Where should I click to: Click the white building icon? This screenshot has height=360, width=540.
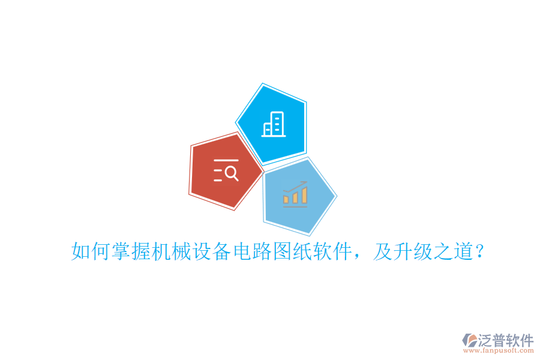[x=274, y=124]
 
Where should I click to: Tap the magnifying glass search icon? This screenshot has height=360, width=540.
[x=226, y=171]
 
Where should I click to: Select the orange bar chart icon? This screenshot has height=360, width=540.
[x=295, y=194]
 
